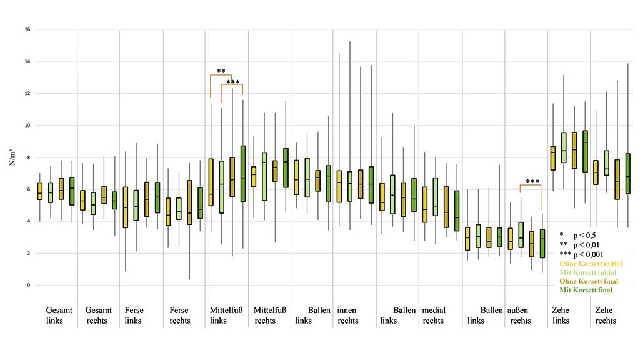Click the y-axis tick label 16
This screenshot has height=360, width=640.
(x=27, y=29)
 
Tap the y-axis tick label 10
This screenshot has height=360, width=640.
(x=27, y=126)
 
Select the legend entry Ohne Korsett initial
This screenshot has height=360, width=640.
(x=586, y=264)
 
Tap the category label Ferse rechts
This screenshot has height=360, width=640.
(x=180, y=316)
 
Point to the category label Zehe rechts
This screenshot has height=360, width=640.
(x=606, y=316)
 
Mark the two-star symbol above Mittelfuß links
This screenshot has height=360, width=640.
(x=221, y=71)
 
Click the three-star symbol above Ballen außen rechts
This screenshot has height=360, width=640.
(x=532, y=182)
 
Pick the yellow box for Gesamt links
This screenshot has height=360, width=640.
(x=40, y=191)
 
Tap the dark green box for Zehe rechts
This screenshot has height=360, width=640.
(x=628, y=173)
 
